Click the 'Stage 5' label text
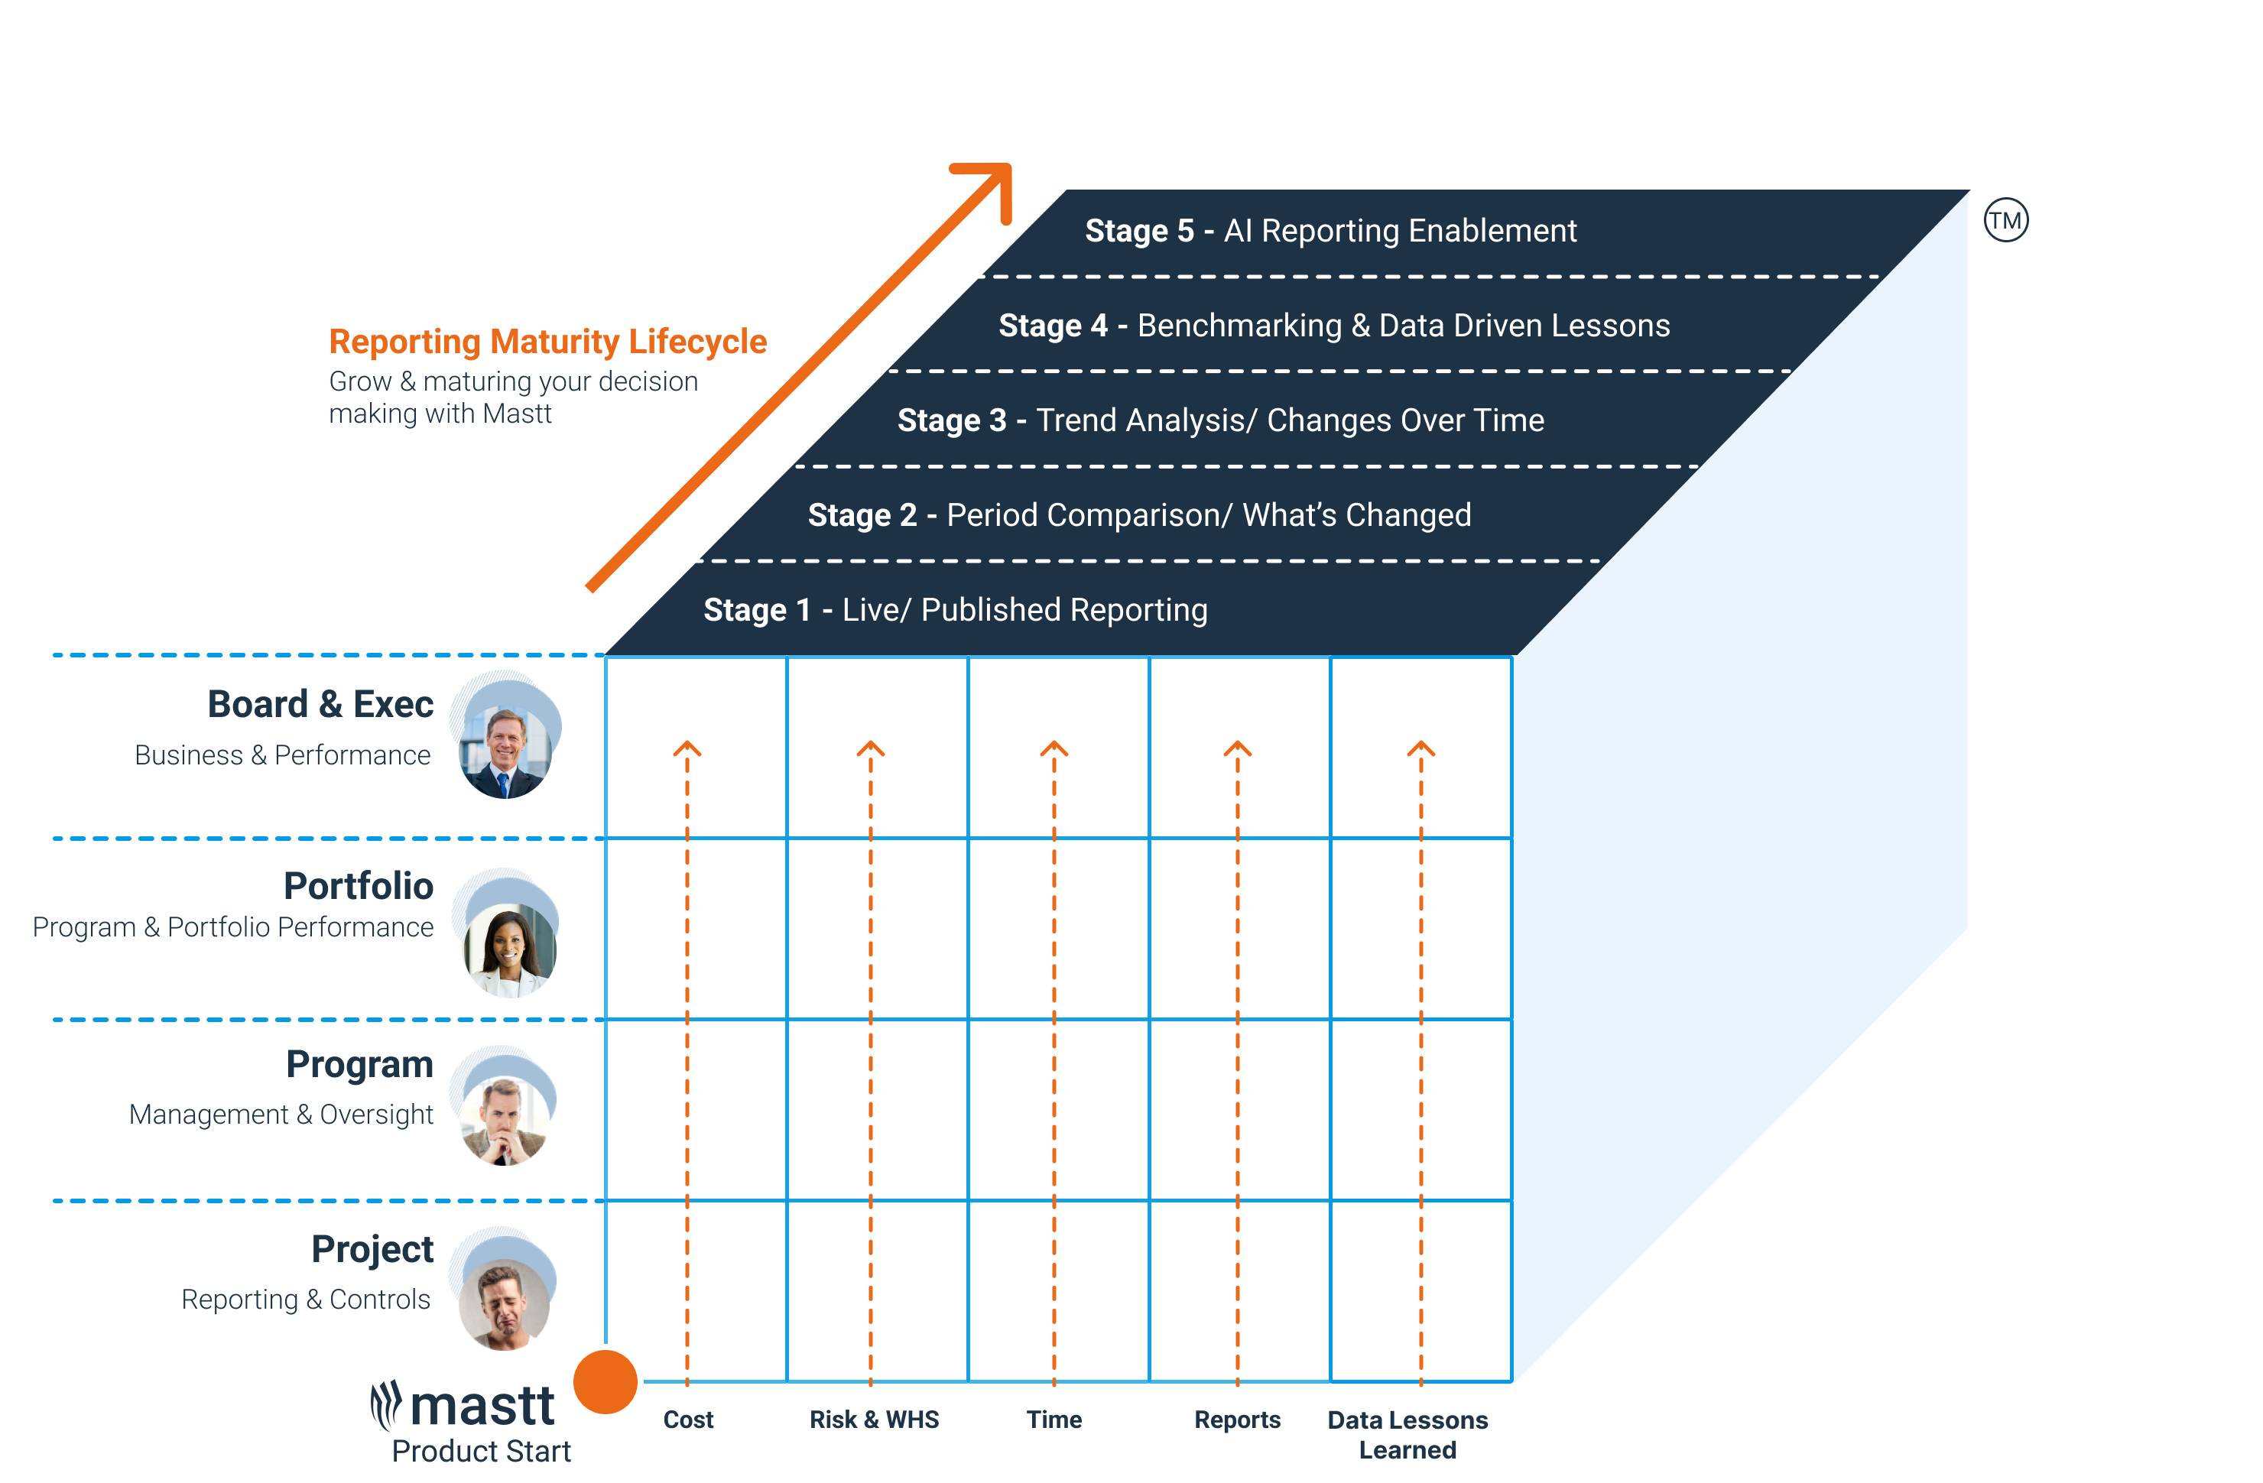tap(1139, 231)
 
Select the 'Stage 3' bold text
tap(952, 420)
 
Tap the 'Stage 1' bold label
tap(757, 609)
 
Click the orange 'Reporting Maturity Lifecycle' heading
tap(547, 341)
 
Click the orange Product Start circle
tap(606, 1381)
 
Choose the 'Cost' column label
tap(688, 1420)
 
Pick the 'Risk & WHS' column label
tap(874, 1420)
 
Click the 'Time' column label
tap(1054, 1420)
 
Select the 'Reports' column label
tap(1237, 1420)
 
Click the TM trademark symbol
tap(2005, 221)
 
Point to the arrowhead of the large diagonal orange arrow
tap(994, 180)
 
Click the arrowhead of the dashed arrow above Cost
tap(687, 749)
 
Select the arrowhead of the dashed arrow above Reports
tap(1237, 749)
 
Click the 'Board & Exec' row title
tap(320, 705)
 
